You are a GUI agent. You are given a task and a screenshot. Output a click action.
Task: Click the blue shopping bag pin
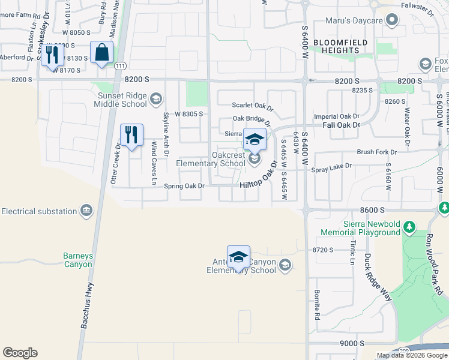[101, 53]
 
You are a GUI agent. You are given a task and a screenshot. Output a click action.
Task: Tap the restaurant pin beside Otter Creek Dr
[131, 135]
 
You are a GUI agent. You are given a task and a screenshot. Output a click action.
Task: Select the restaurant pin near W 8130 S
[52, 55]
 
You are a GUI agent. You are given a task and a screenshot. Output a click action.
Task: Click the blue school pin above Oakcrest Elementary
[255, 140]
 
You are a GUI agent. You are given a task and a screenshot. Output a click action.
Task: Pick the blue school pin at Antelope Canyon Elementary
[238, 257]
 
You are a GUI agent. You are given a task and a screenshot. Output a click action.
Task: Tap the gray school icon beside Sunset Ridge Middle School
[155, 98]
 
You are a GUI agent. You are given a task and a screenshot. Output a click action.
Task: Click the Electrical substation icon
[86, 211]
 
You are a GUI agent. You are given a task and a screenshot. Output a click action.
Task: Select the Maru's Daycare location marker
[392, 21]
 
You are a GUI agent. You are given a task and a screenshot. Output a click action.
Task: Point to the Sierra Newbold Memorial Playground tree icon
[409, 227]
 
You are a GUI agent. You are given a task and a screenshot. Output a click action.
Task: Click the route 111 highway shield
[120, 65]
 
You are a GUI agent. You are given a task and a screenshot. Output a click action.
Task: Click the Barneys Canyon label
[78, 260]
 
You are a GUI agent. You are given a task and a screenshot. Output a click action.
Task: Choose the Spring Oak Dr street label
[184, 186]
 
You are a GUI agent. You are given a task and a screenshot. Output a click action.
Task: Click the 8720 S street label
[322, 249]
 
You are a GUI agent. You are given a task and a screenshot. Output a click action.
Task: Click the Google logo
[20, 353]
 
